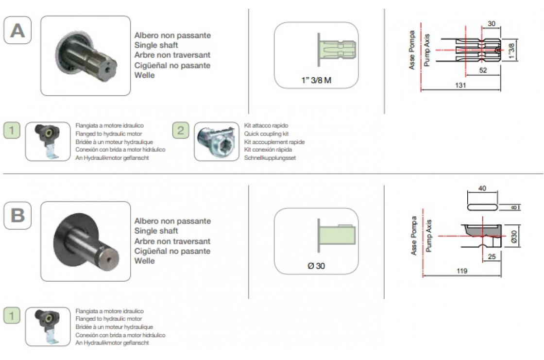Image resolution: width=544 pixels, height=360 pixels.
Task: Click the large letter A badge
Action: [17, 30]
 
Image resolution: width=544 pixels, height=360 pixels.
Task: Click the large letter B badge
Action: [17, 216]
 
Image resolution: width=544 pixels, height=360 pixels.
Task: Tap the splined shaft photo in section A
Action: [85, 55]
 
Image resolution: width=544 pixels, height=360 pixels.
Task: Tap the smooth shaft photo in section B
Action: [85, 241]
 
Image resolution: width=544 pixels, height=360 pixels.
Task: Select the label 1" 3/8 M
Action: [316, 80]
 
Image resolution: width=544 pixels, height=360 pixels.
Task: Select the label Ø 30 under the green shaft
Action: [316, 266]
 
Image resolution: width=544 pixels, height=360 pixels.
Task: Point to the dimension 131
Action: [460, 85]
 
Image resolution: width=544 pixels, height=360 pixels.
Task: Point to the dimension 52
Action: [483, 70]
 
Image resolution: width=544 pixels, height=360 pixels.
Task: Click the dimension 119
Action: [462, 271]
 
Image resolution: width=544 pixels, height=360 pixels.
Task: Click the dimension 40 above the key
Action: [482, 188]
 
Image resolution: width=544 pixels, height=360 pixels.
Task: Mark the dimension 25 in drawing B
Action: [492, 257]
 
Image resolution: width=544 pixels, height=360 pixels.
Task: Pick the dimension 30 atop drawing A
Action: [492, 24]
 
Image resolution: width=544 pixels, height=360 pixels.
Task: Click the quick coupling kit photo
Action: [217, 141]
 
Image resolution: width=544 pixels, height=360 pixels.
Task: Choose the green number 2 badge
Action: [180, 131]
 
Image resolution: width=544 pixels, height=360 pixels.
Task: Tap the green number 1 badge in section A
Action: [12, 131]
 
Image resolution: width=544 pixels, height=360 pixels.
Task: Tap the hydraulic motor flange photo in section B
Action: [48, 326]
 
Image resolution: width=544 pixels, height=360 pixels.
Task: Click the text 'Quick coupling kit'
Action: [266, 134]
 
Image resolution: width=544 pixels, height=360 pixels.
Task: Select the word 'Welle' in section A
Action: [144, 75]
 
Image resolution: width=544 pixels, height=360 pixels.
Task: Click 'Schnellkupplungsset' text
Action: [270, 157]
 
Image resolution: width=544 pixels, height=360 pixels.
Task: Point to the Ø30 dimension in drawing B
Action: [514, 237]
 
